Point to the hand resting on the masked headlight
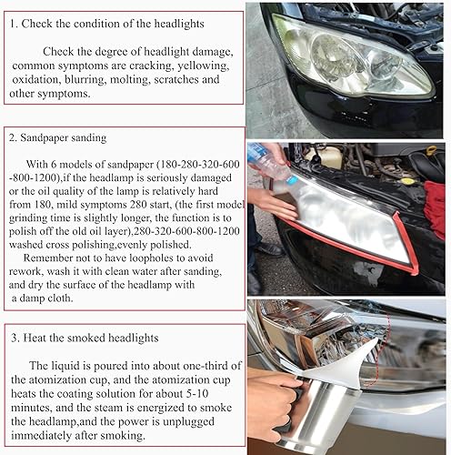coord(273,205)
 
